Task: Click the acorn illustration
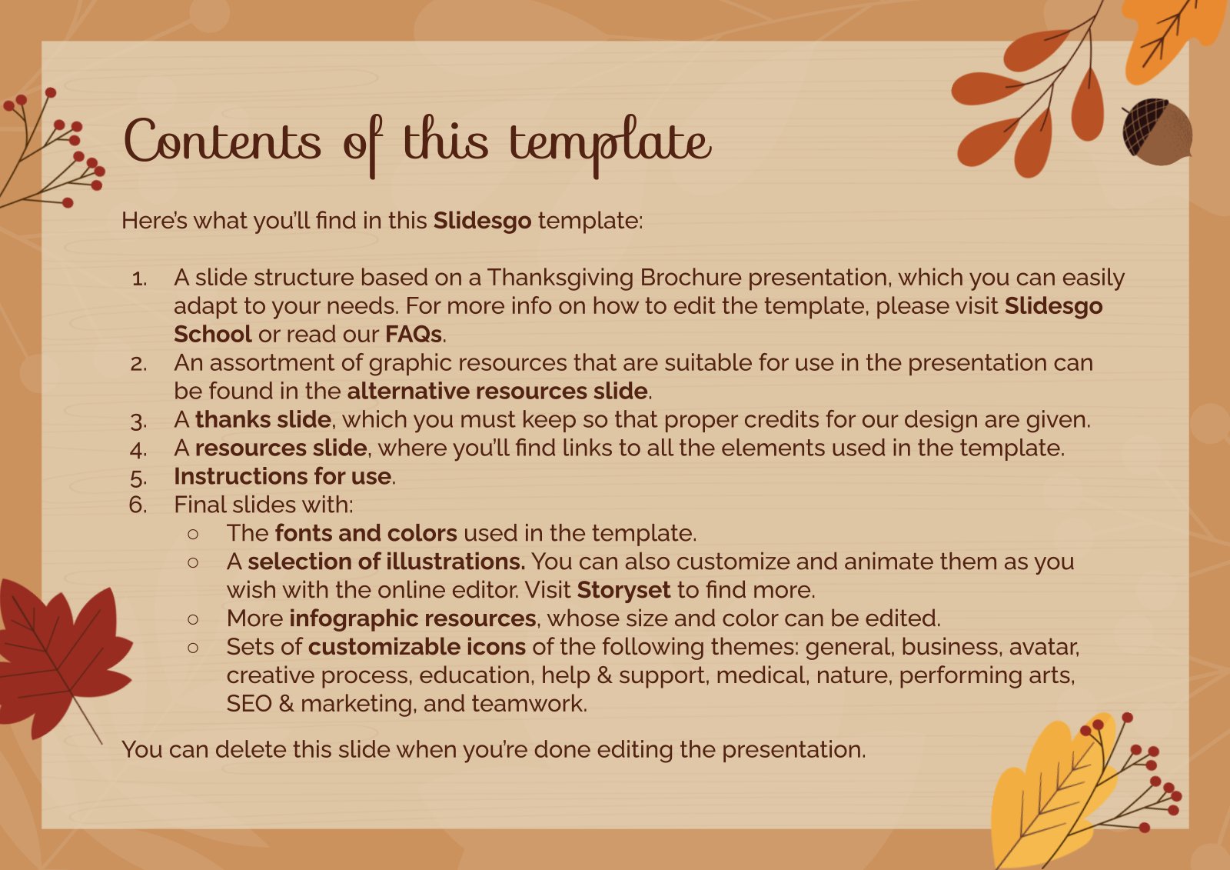coord(1157,132)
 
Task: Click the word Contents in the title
coord(222,142)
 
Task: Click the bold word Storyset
coord(623,590)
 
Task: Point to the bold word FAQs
coord(414,334)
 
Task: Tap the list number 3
coord(138,421)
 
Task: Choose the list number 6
coord(138,505)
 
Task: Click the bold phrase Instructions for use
coord(283,476)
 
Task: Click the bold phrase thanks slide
coord(263,419)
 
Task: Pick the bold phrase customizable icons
coord(417,647)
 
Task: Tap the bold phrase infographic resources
coord(412,618)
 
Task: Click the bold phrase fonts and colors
coord(366,533)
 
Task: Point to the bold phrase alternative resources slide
coord(497,391)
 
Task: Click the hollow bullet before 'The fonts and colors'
coord(193,534)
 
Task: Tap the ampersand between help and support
coord(604,675)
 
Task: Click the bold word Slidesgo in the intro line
coord(482,221)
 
